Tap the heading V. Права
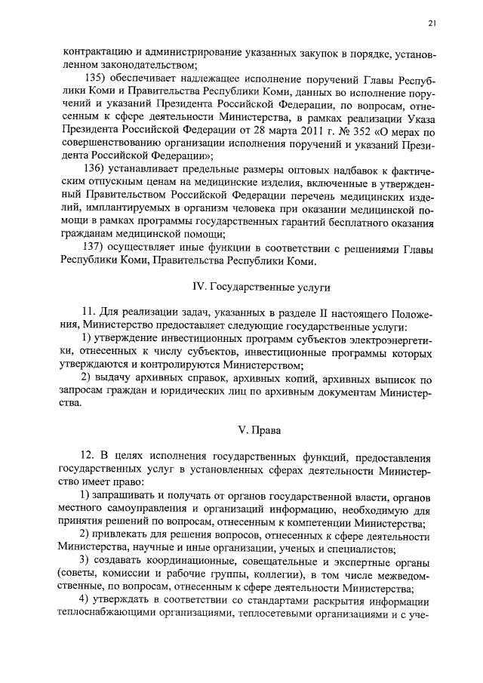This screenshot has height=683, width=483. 259,431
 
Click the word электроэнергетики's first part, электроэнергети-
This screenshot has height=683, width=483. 386,340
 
